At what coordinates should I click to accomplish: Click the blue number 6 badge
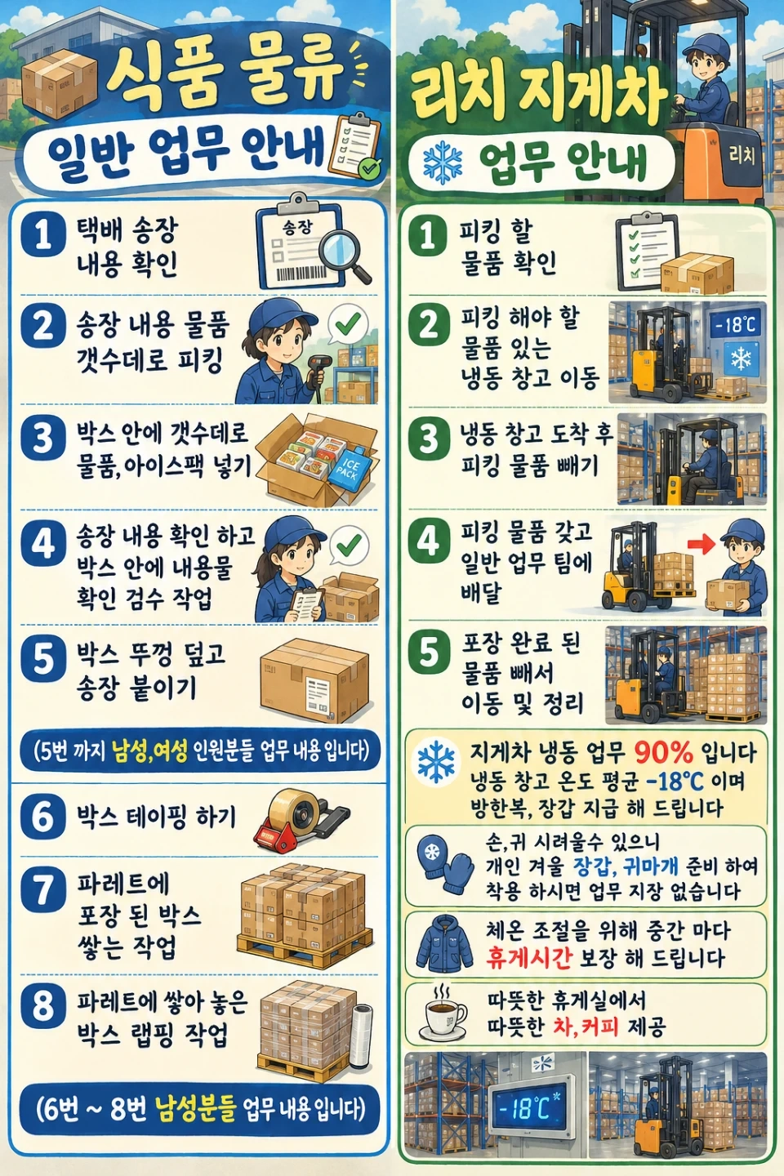click(x=43, y=817)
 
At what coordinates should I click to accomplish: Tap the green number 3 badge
click(x=429, y=439)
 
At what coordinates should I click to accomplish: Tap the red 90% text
click(x=664, y=752)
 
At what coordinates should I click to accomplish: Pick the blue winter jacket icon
click(x=444, y=943)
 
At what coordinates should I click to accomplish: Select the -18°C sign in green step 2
click(x=736, y=324)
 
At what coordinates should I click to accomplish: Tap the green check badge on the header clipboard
click(x=370, y=168)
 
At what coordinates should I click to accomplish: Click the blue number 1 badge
click(x=43, y=234)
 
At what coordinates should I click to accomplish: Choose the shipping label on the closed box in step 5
click(x=318, y=693)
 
